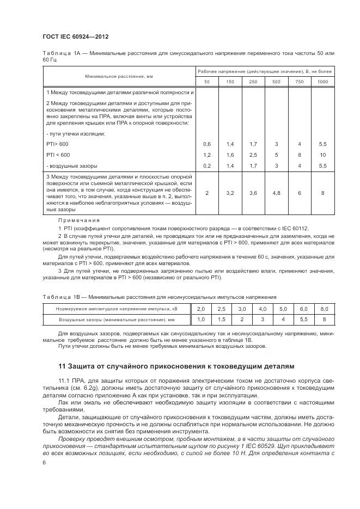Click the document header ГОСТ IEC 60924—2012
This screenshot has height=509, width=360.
[x=75, y=36]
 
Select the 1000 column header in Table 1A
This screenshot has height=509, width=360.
[x=322, y=81]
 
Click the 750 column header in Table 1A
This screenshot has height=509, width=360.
[x=299, y=81]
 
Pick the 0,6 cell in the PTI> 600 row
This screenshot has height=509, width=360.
[x=207, y=144]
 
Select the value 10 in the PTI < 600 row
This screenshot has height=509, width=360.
[x=322, y=155]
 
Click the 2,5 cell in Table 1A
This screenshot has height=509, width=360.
[x=253, y=155]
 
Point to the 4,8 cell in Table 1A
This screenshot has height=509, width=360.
[x=276, y=193]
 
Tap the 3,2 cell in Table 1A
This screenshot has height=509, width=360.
[x=230, y=193]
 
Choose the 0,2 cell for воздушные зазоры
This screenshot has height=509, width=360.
[x=207, y=165]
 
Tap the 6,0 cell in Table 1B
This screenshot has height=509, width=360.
[x=304, y=309]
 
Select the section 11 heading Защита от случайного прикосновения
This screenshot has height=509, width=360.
[x=177, y=366]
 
